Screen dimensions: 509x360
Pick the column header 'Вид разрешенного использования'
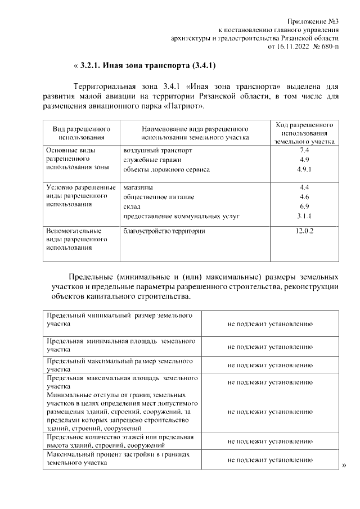(x=81, y=133)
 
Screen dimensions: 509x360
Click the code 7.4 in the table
(x=305, y=151)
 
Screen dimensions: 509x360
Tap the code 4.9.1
(x=304, y=169)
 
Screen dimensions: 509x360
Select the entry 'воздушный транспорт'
(x=157, y=151)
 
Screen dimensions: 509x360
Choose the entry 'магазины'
(x=138, y=187)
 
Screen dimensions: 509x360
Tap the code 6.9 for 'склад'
(x=305, y=206)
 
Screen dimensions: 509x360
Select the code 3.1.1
(x=304, y=215)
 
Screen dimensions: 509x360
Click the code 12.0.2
(x=304, y=231)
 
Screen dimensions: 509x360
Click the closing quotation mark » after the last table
(x=344, y=465)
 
